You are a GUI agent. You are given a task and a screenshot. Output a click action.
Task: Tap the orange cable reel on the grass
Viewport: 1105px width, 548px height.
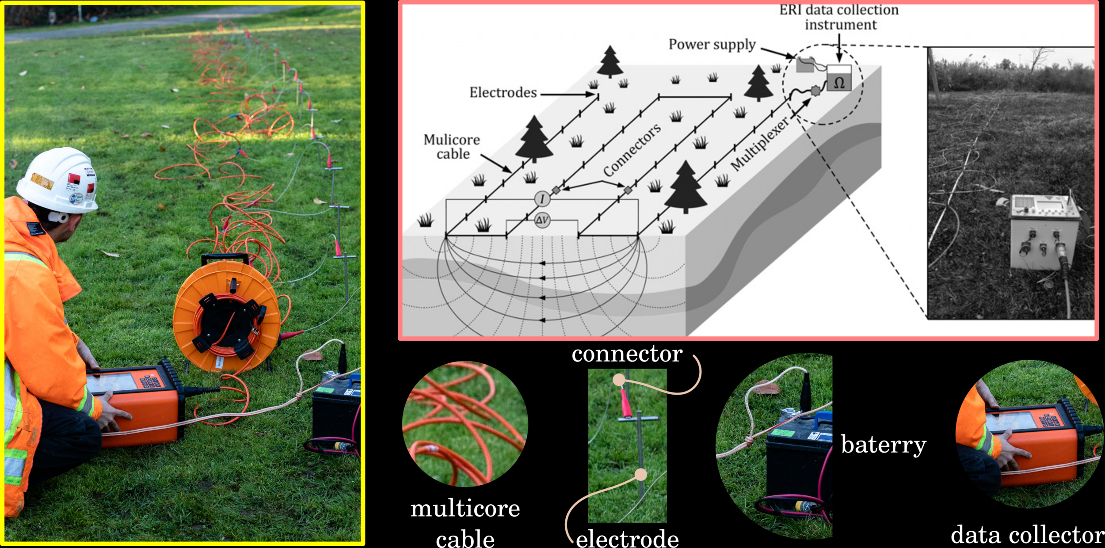pos(226,316)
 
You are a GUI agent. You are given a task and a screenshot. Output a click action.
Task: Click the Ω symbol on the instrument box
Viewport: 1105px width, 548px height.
pos(839,83)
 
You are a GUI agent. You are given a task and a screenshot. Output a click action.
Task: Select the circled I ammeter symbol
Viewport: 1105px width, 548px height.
pos(542,199)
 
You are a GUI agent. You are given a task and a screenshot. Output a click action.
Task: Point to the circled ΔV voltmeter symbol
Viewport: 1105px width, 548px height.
pos(542,220)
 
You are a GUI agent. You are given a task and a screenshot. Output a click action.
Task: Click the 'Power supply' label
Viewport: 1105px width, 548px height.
pos(712,45)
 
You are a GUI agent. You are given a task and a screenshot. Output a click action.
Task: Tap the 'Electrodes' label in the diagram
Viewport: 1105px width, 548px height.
pos(503,92)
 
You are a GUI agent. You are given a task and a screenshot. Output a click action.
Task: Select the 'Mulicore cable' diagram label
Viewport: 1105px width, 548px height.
pos(452,147)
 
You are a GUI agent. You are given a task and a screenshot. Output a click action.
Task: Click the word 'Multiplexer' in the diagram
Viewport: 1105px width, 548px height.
pos(759,144)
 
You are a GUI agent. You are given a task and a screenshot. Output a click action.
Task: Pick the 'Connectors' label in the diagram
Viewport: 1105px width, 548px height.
pos(632,150)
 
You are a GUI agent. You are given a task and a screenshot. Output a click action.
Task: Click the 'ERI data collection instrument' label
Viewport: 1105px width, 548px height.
pos(839,17)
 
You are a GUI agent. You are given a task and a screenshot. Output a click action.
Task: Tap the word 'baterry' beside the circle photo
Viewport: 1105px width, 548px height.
pos(883,445)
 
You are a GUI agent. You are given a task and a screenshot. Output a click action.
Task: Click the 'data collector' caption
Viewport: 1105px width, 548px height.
pos(1026,535)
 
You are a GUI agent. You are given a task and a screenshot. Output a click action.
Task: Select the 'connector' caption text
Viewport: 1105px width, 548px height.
pos(627,354)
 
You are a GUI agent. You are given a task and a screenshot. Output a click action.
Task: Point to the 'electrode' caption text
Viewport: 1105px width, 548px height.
pos(627,538)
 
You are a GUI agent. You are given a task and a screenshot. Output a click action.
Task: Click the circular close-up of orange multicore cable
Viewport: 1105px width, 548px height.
pos(465,424)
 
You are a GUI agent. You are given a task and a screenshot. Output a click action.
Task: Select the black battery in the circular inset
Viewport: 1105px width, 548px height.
pos(798,464)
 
